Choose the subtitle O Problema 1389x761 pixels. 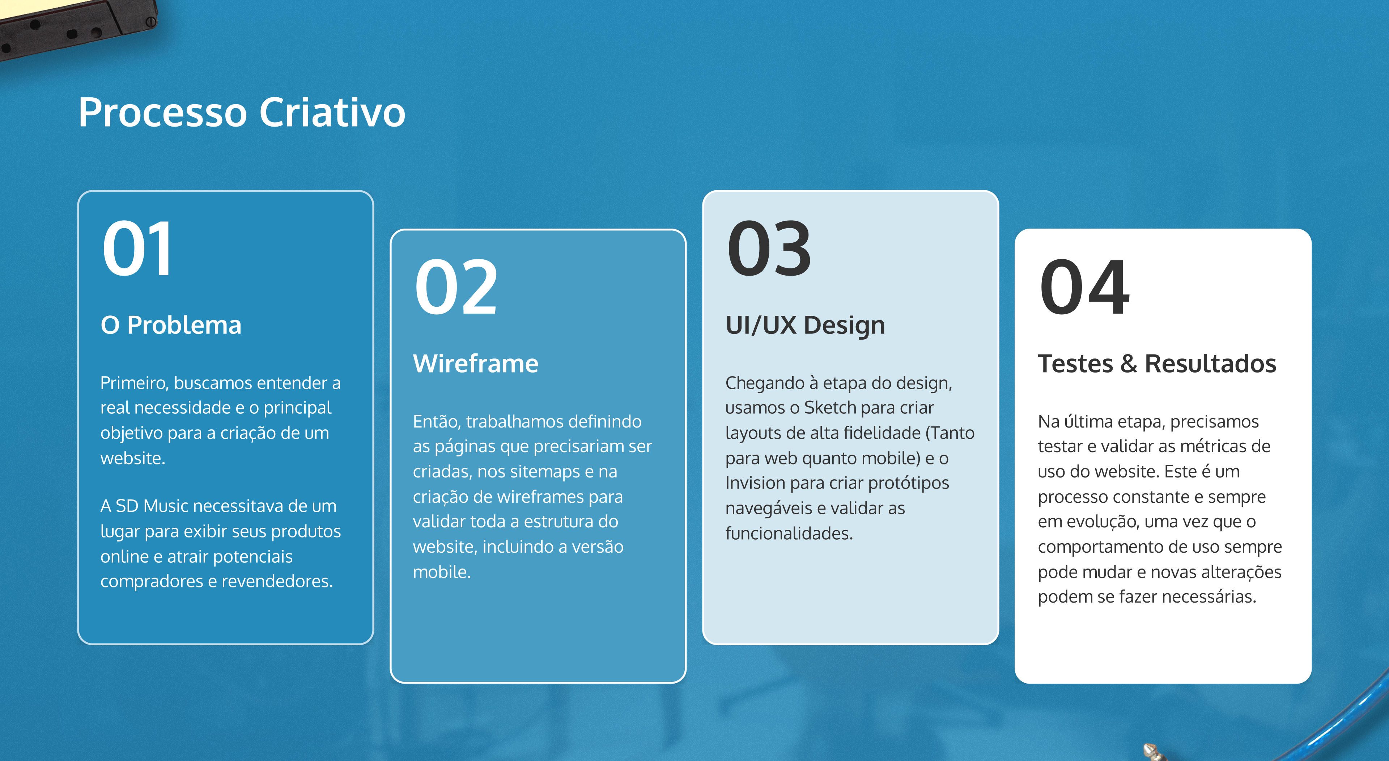(x=171, y=325)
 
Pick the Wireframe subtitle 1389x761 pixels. (x=476, y=364)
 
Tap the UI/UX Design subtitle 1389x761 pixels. (x=805, y=325)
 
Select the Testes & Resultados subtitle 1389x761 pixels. (x=1157, y=364)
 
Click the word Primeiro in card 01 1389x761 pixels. (x=135, y=383)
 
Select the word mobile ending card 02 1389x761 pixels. (x=442, y=572)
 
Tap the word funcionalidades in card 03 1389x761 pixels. (x=789, y=533)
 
